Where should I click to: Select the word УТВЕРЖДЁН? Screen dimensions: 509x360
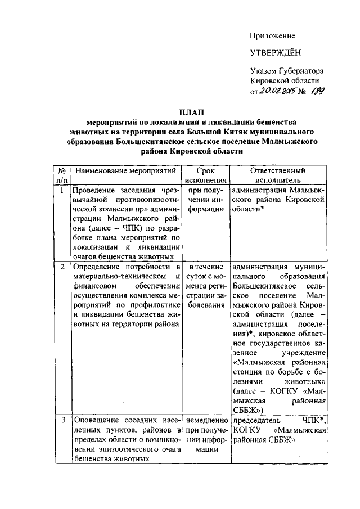(276, 53)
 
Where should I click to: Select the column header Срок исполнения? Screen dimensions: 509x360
(203, 174)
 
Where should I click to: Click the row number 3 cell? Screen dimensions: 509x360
(62, 420)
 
